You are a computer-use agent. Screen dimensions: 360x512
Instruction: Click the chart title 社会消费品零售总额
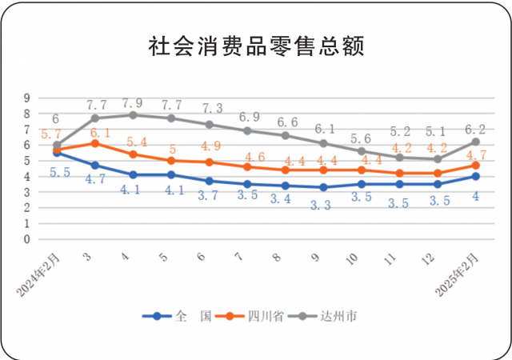point(256,46)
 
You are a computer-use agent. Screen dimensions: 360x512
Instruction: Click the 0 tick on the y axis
point(26,239)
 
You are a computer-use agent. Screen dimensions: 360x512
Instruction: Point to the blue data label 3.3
point(323,205)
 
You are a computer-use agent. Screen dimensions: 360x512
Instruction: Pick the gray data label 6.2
point(475,130)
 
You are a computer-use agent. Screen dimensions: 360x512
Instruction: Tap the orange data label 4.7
point(476,154)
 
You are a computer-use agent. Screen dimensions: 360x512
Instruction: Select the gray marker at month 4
point(133,115)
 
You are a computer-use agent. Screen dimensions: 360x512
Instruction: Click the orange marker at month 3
point(95,144)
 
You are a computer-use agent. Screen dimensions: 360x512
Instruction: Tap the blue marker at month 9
point(323,187)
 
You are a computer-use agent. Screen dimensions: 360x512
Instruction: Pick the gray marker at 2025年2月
point(475,142)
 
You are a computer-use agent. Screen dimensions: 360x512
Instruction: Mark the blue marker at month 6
point(209,181)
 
